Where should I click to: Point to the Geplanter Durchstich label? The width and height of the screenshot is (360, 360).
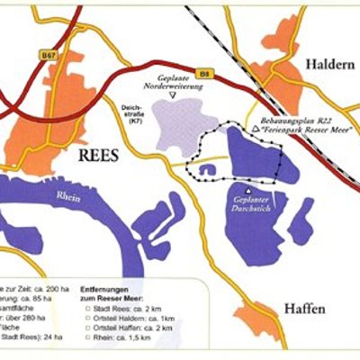[x=249, y=204]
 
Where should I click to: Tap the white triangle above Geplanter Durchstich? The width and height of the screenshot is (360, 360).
[x=248, y=190]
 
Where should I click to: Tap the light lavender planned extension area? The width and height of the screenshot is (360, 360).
[x=180, y=130]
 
